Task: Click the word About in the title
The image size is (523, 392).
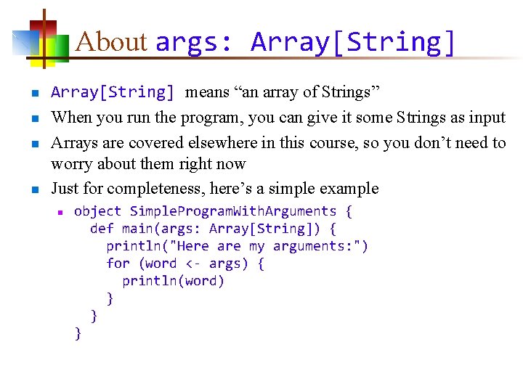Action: (110, 42)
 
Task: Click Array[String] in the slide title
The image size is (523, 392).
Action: (354, 42)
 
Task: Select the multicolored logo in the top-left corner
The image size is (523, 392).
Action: (41, 40)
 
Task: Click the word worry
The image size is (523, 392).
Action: (71, 164)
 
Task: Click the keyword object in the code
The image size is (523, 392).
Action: (98, 211)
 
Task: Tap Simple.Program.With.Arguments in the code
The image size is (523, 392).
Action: (233, 211)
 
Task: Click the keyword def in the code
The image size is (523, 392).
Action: (102, 229)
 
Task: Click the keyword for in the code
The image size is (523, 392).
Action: (118, 264)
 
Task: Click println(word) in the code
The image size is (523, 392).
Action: (173, 281)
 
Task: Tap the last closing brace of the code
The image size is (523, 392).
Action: (78, 333)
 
